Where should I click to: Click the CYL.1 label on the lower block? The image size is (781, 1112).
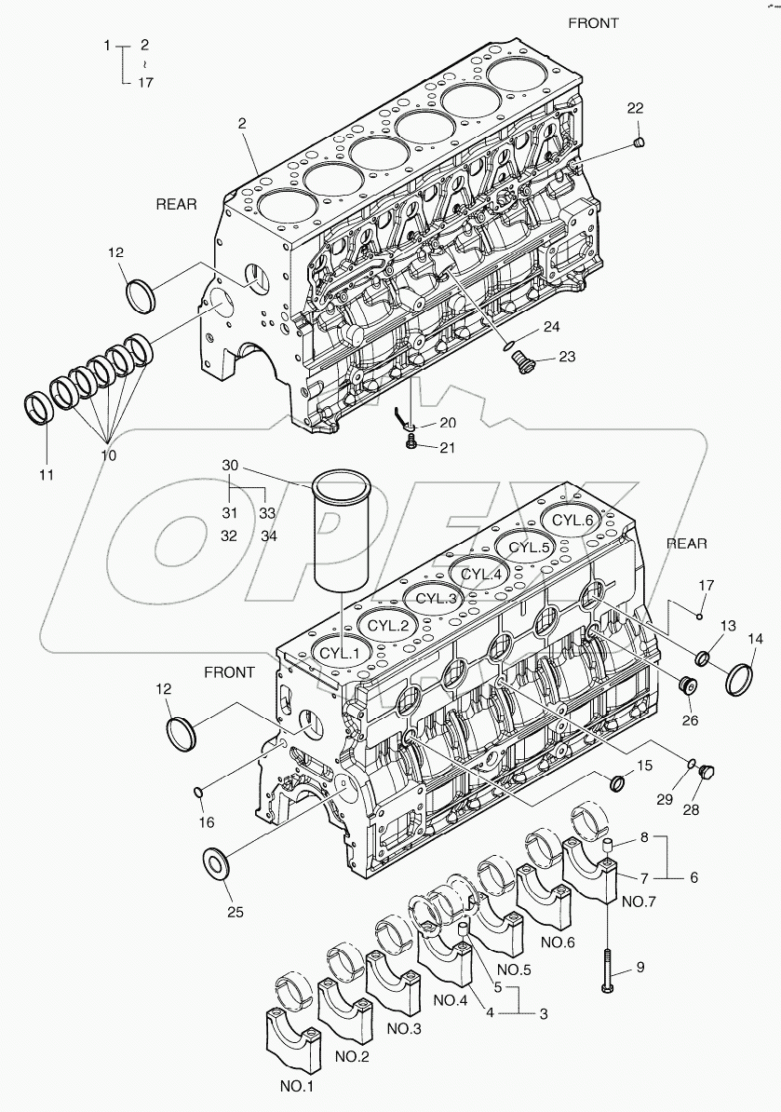[340, 653]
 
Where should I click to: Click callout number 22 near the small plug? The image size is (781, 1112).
[635, 109]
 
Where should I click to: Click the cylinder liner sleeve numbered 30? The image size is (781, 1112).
[342, 531]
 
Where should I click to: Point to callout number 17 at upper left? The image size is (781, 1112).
[144, 82]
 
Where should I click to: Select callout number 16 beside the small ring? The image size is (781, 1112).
[206, 821]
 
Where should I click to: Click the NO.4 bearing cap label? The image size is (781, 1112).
[450, 1002]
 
